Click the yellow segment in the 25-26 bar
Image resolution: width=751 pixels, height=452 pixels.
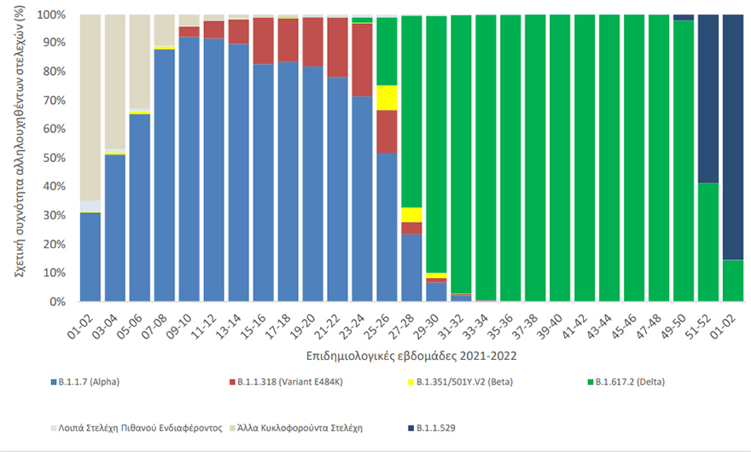[387, 97]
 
